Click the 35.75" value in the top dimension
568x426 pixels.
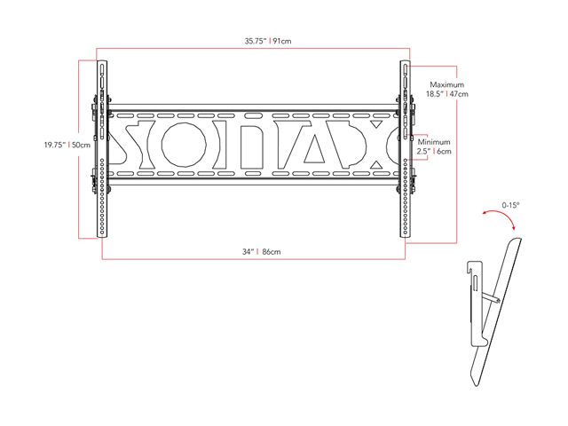(x=256, y=40)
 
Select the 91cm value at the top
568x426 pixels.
(x=284, y=40)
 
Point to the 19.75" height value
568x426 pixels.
(x=55, y=146)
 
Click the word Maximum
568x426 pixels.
(x=446, y=84)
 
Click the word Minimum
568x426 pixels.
(x=435, y=142)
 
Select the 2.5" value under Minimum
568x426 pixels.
(x=425, y=152)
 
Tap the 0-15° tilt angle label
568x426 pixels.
(x=509, y=205)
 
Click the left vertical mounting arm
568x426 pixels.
(x=102, y=147)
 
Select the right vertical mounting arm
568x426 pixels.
(x=406, y=147)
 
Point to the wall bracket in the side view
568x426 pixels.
(x=474, y=302)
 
